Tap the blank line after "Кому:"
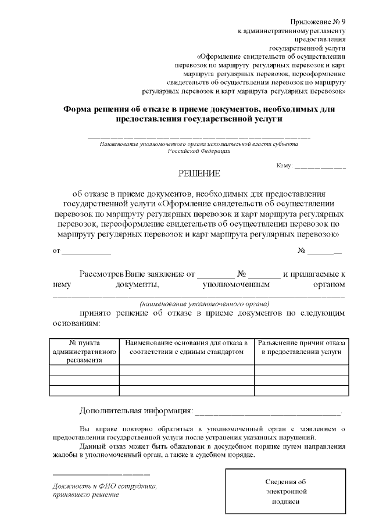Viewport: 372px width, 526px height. pos(320,167)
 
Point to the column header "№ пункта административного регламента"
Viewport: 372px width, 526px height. pos(85,352)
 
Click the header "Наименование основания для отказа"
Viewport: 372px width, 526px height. pos(187,348)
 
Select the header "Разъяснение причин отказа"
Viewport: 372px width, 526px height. pos(301,348)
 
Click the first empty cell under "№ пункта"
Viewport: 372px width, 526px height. pos(85,370)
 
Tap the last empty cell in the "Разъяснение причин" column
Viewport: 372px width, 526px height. pos(301,391)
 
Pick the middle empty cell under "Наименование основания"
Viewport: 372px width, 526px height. pos(187,380)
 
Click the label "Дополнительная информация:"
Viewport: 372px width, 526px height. pos(135,412)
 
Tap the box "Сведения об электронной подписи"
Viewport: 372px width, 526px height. pos(285,491)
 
